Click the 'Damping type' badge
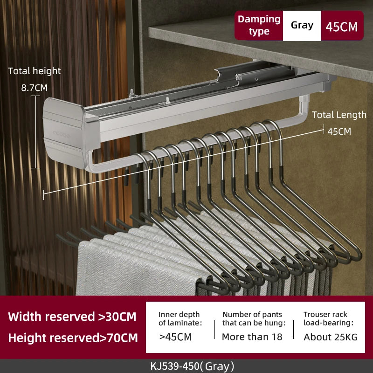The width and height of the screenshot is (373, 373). [259, 26]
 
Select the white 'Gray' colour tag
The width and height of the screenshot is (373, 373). [302, 26]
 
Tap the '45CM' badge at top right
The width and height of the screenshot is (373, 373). [342, 26]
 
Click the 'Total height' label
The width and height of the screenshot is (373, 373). [35, 71]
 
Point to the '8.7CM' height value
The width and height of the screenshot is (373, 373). [35, 88]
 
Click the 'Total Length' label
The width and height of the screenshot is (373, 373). [339, 115]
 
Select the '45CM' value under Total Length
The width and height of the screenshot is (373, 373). [339, 131]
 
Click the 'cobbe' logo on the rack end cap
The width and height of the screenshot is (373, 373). [62, 135]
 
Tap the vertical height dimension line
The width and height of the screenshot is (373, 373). [36, 132]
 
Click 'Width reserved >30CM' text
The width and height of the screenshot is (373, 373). [72, 317]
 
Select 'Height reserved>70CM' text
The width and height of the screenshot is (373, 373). [73, 338]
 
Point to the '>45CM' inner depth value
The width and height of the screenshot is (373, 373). [176, 337]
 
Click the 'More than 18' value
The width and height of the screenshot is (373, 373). [252, 337]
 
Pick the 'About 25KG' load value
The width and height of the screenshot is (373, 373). [331, 337]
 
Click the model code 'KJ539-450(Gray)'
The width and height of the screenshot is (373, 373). [192, 366]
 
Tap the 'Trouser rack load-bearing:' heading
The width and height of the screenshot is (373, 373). [329, 318]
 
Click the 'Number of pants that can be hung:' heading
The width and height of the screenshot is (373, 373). [254, 318]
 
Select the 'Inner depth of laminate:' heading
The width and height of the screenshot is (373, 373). [180, 318]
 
